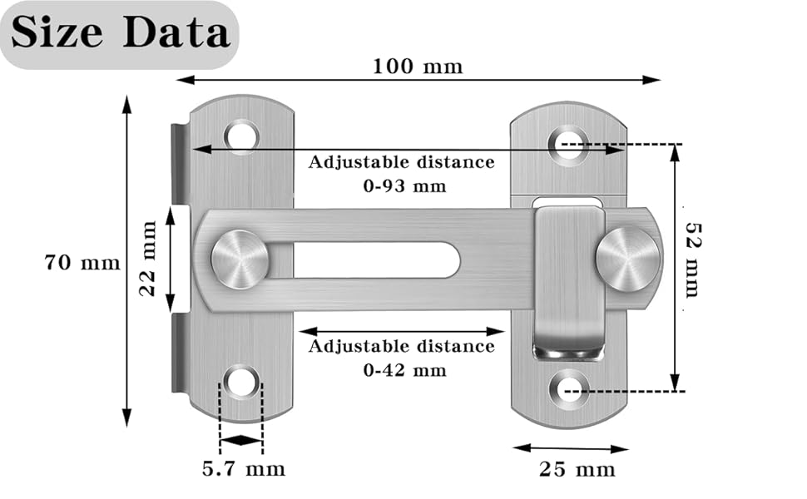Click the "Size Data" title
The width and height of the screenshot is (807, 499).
coord(121,33)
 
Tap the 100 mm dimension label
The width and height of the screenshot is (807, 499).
coord(417,66)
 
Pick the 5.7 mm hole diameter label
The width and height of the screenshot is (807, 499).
coord(243,469)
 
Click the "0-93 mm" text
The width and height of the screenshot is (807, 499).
coord(403,185)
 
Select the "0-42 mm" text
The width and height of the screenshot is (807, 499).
coord(403,369)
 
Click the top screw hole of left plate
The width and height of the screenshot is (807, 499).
coord(242,135)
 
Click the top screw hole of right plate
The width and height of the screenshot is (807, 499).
coord(570,141)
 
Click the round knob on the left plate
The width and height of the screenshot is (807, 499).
coord(240,259)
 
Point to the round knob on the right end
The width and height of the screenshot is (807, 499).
coord(626,259)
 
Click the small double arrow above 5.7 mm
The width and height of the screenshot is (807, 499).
coord(241,440)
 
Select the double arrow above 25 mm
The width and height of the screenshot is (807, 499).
coord(570,448)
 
